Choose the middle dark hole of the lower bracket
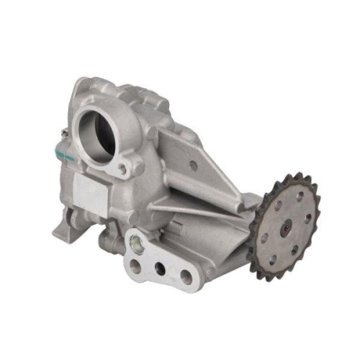161,271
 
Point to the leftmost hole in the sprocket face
263,235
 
